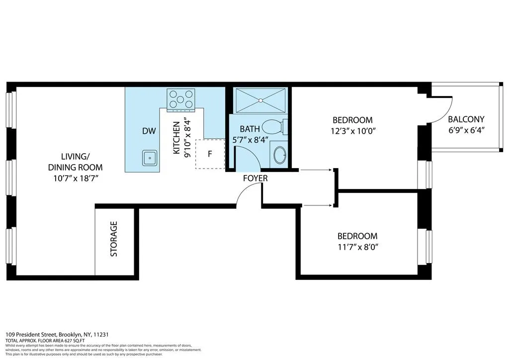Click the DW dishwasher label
tap(149, 131)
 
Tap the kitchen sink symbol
tap(149, 158)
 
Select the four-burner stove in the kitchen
tap(181, 98)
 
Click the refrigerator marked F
tap(210, 154)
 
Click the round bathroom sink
tap(280, 155)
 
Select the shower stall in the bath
tap(260, 100)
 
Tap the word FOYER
tap(255, 178)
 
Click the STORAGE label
tap(114, 239)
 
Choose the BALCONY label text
tap(466, 119)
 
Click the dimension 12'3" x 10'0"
tap(352, 131)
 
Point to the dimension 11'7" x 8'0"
tap(357, 247)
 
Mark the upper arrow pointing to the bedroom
tap(316, 170)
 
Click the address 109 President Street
tap(31, 335)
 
